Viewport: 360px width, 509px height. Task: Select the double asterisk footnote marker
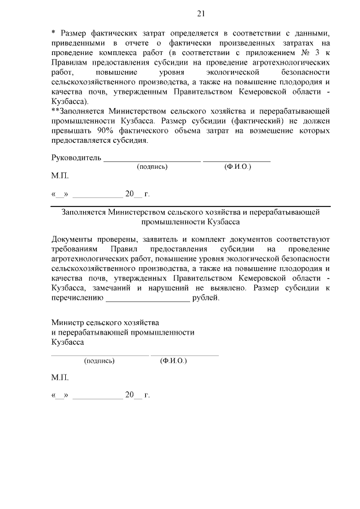pyautogui.click(x=55, y=111)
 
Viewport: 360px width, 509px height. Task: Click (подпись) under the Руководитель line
pyautogui.click(x=152, y=167)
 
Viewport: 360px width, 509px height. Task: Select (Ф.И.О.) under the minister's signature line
pyautogui.click(x=173, y=360)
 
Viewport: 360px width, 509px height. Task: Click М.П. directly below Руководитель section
pyautogui.click(x=60, y=176)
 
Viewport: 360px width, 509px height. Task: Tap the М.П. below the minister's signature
pyautogui.click(x=60, y=377)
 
